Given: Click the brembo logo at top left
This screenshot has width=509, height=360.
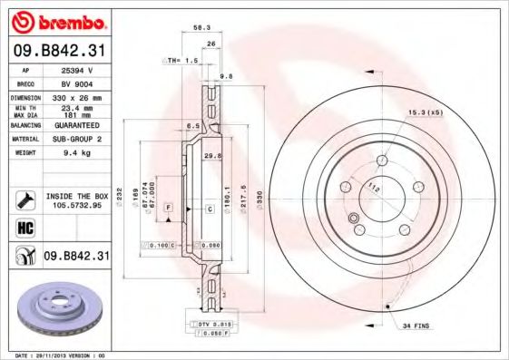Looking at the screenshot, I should pyautogui.click(x=59, y=21).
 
